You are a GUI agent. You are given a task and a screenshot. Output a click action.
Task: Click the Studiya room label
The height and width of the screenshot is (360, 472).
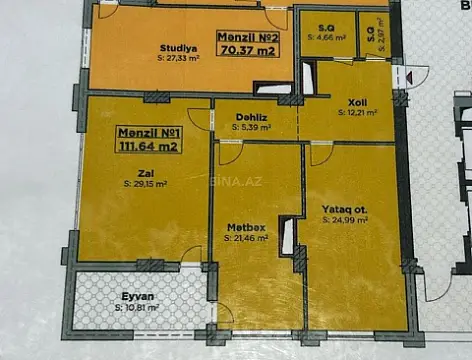click(x=175, y=47)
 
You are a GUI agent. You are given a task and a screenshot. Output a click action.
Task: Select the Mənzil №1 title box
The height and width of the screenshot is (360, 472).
click(x=148, y=139)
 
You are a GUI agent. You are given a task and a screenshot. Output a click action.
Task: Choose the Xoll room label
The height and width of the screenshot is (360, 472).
click(x=357, y=102)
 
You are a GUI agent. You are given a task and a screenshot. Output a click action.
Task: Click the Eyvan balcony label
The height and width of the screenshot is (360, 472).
click(x=136, y=296)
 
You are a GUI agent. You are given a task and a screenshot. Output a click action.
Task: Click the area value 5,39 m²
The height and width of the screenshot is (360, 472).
click(x=254, y=128)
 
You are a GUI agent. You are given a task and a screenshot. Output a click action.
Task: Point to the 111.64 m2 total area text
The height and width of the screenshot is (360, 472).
click(x=148, y=147)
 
